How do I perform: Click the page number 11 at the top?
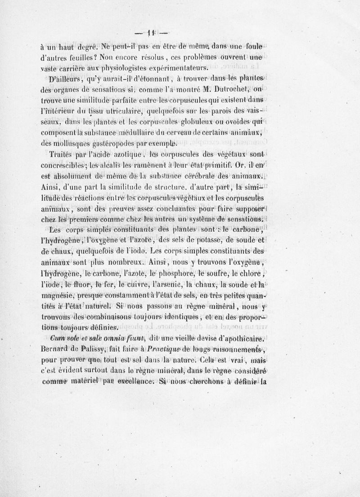point(151,32)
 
